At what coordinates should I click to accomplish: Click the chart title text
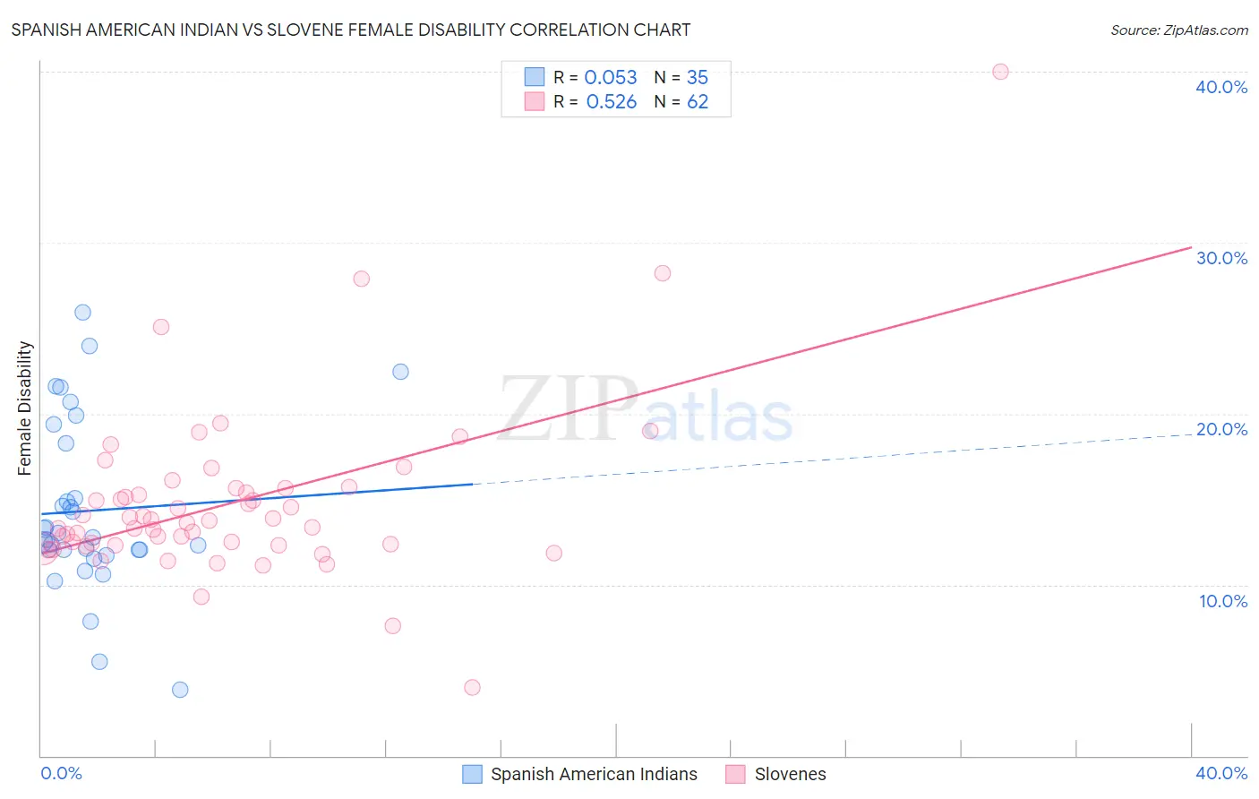pyautogui.click(x=351, y=30)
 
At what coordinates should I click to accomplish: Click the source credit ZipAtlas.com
pyautogui.click(x=1178, y=30)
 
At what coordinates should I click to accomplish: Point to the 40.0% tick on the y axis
pyautogui.click(x=1221, y=87)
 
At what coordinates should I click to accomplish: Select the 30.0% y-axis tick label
pyautogui.click(x=1221, y=258)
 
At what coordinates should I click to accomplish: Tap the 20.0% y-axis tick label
pyautogui.click(x=1221, y=429)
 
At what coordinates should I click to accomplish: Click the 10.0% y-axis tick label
pyautogui.click(x=1223, y=601)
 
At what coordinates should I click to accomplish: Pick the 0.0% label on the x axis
pyautogui.click(x=61, y=773)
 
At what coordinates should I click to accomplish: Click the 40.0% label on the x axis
pyautogui.click(x=1221, y=773)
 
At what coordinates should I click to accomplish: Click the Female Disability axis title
pyautogui.click(x=25, y=408)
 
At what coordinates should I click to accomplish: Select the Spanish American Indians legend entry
pyautogui.click(x=593, y=774)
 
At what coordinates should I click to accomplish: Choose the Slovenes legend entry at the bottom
pyautogui.click(x=790, y=774)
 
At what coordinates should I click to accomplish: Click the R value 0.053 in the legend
pyautogui.click(x=611, y=78)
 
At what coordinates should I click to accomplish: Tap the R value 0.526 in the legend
pyautogui.click(x=612, y=102)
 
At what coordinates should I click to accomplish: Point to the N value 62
pyautogui.click(x=698, y=102)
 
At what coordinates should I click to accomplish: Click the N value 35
pyautogui.click(x=698, y=78)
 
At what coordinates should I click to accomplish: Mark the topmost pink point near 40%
pyautogui.click(x=1000, y=72)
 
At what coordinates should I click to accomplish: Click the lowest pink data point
pyautogui.click(x=472, y=687)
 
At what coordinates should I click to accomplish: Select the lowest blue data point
pyautogui.click(x=180, y=689)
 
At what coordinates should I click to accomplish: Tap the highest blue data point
pyautogui.click(x=82, y=312)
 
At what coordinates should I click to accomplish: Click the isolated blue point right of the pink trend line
pyautogui.click(x=400, y=371)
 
